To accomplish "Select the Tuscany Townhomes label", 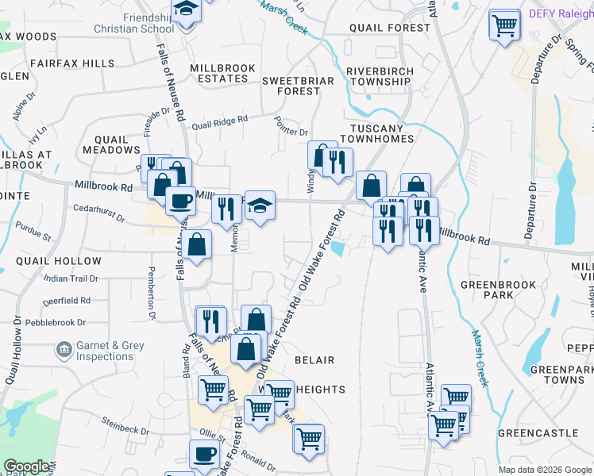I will pos(379,132).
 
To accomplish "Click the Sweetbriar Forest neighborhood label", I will pos(291,85).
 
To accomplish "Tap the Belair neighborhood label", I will pos(314,360).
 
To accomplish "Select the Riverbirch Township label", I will pos(379,76).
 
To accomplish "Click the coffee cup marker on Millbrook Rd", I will pos(180,200).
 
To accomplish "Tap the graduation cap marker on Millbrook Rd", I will pos(260,205).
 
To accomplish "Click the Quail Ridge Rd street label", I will pos(220,121).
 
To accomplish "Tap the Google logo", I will pos(26,466).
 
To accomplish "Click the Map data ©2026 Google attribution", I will pos(544,470).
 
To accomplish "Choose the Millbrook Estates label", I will pos(219,74).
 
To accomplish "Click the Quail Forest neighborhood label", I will pos(390,28).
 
